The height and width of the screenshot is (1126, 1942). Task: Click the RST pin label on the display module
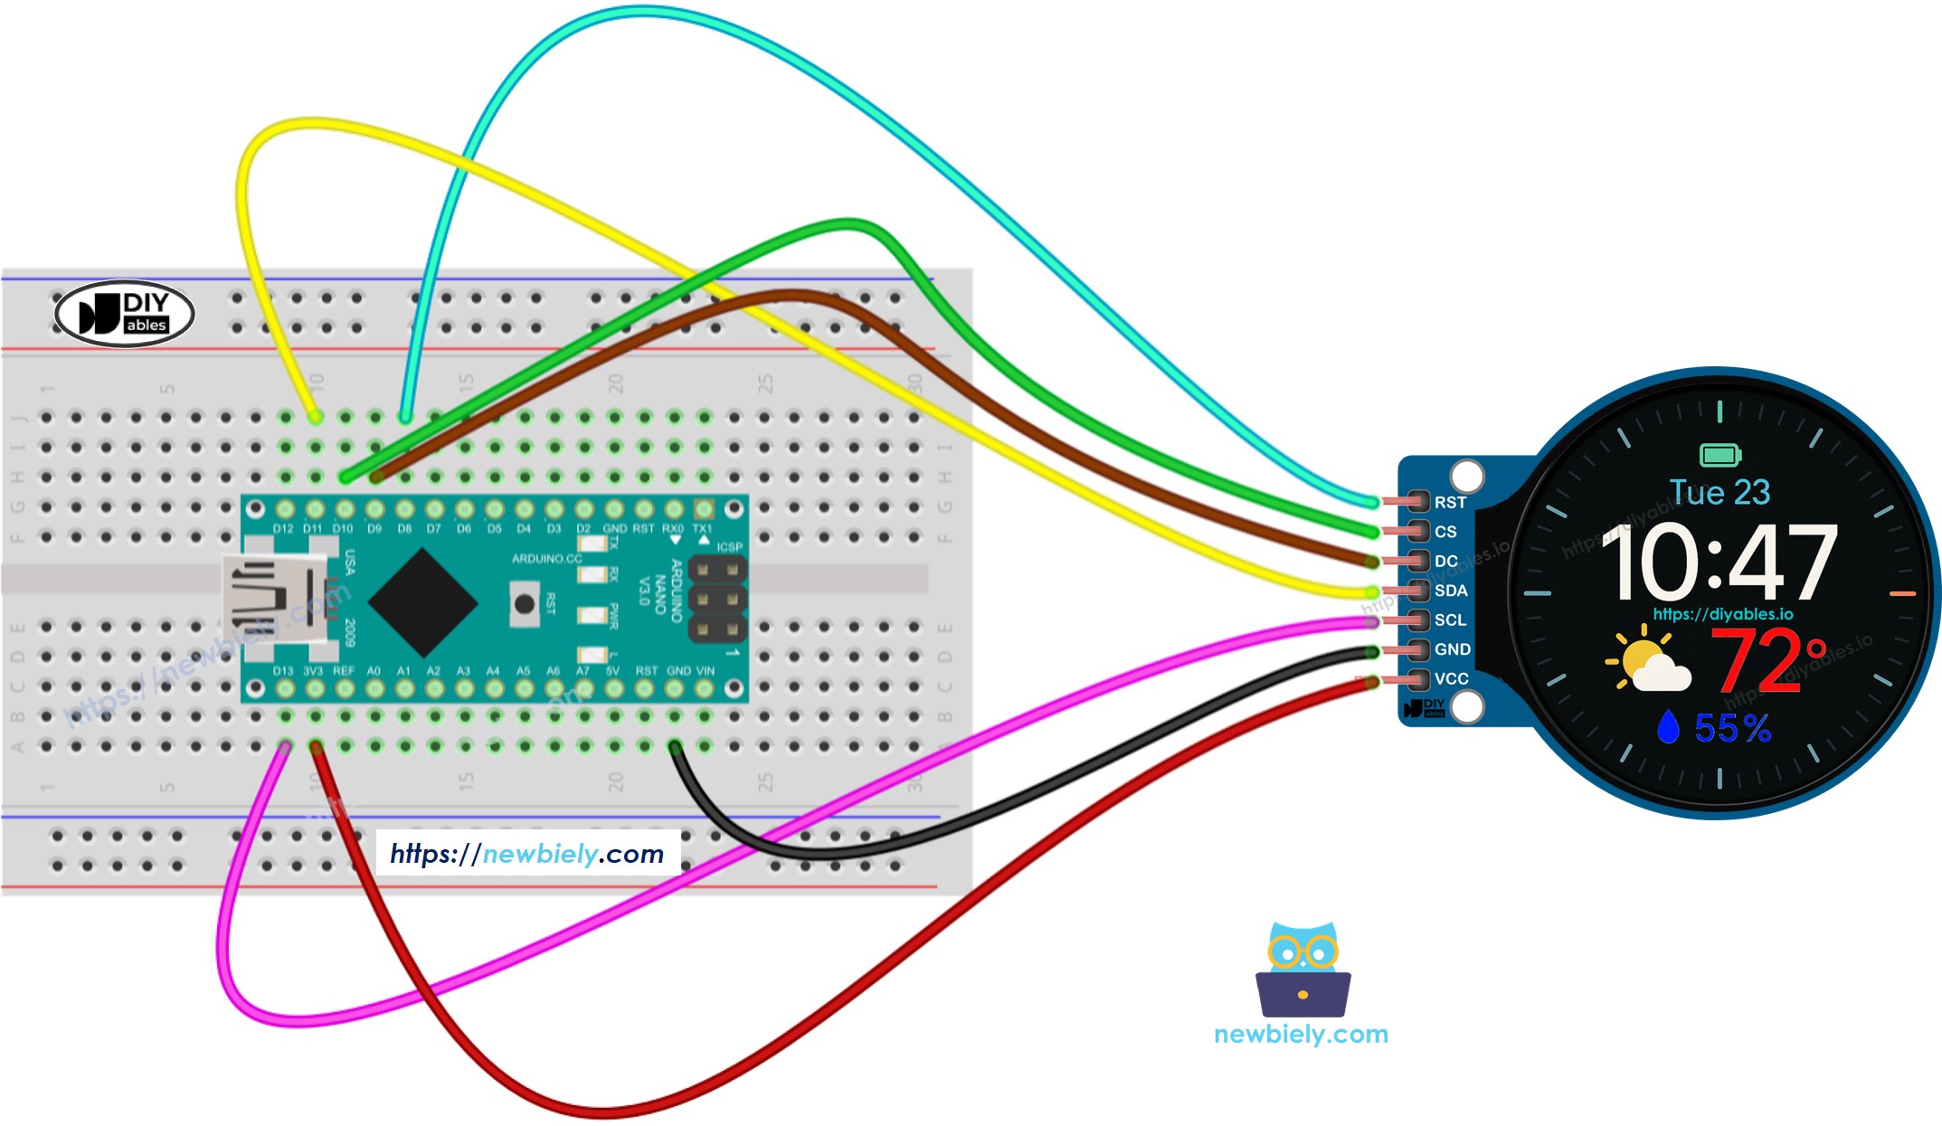(x=1449, y=502)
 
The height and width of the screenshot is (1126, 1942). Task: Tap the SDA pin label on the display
(x=1450, y=591)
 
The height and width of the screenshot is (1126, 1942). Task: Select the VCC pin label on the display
(x=1450, y=678)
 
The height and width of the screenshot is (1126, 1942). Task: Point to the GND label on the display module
(x=1451, y=649)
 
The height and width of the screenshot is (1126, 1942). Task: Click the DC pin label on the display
(x=1445, y=561)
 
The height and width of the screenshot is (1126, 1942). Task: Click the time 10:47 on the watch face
(x=1719, y=563)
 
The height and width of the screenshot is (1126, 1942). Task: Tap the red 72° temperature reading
(x=1766, y=661)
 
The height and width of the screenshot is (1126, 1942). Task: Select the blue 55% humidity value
(x=1731, y=728)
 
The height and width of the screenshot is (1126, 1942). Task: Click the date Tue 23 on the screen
(x=1719, y=492)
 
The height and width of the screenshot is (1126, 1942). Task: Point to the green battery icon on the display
(x=1719, y=455)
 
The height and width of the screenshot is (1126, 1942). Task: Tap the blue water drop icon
(x=1667, y=727)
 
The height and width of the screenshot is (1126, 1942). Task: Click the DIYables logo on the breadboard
(x=125, y=314)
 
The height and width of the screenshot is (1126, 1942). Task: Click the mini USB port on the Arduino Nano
(x=271, y=598)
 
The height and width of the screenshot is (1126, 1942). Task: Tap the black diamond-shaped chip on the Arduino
(x=422, y=601)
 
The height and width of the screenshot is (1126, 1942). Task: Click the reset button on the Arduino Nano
(x=524, y=603)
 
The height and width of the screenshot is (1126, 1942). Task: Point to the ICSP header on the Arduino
(x=717, y=598)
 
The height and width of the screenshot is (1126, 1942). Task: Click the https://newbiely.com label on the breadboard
(x=527, y=854)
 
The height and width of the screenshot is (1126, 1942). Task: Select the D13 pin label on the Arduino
(x=282, y=671)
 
